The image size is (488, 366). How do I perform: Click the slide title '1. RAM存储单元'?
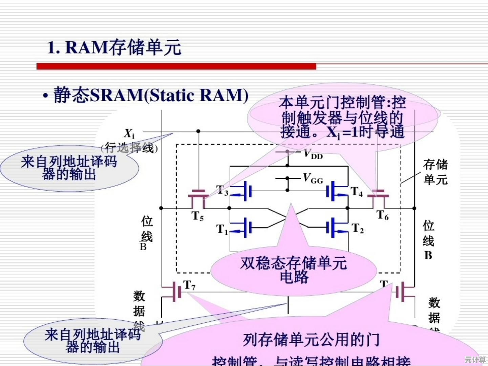click(114, 47)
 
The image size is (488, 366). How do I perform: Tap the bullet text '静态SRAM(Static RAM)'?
click(150, 95)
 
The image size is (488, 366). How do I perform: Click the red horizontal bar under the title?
click(176, 66)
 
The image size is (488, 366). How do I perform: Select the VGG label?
click(313, 178)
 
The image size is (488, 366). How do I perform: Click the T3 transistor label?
click(222, 191)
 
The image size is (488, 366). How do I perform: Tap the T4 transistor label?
click(357, 192)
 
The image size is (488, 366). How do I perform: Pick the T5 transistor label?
click(198, 216)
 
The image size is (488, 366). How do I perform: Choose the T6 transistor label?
click(383, 215)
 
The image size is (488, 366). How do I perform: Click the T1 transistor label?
click(222, 230)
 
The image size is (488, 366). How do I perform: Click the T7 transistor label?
click(189, 285)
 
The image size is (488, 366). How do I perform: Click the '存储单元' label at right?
click(435, 172)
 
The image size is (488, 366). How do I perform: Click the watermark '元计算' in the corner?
click(475, 359)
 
